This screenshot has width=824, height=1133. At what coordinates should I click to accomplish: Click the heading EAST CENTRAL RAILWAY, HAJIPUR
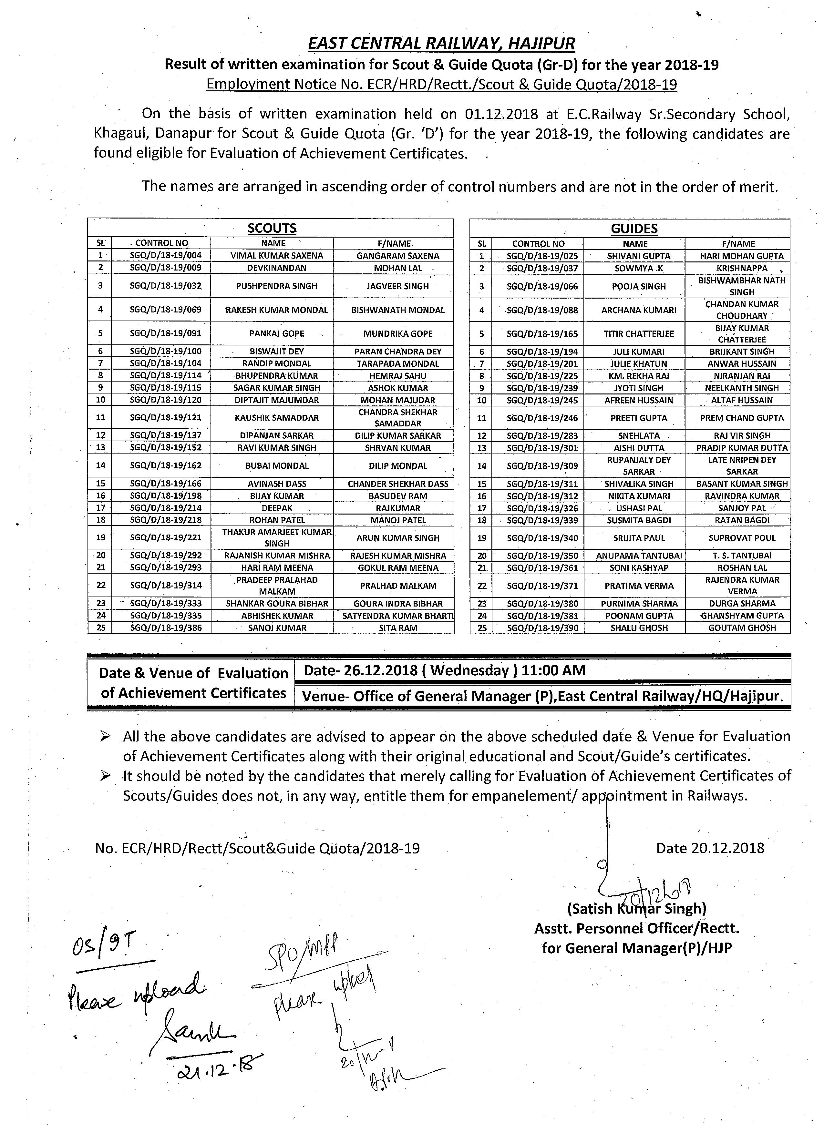[441, 44]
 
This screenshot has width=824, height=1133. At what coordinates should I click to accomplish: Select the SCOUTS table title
[272, 228]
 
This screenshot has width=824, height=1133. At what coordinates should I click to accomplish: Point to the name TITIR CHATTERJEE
[639, 334]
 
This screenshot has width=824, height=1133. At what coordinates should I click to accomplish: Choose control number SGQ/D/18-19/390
[542, 628]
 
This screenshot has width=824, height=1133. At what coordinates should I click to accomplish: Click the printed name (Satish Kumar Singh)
[636, 909]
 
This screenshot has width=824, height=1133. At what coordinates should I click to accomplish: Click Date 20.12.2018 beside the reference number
[710, 848]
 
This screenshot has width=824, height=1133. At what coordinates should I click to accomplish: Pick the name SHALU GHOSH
[639, 628]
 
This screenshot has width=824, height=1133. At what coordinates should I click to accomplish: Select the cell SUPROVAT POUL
[742, 538]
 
